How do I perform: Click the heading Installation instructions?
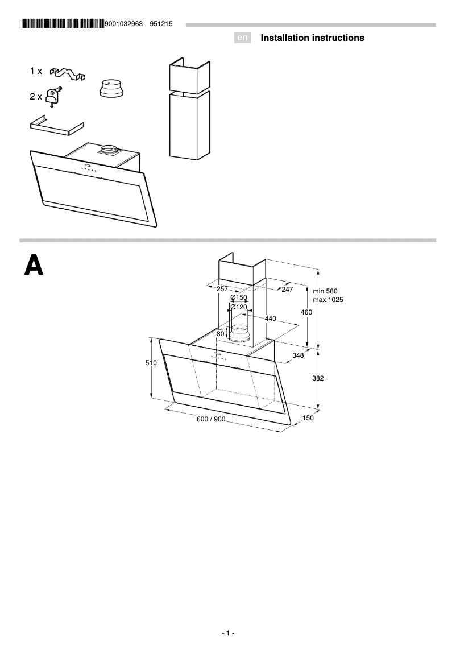point(312,38)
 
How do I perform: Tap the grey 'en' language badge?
point(243,38)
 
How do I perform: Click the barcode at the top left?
point(61,24)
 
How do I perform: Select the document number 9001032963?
point(123,24)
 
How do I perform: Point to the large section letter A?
point(34,266)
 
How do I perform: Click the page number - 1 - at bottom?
point(228,633)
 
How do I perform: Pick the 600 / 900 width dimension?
point(211,419)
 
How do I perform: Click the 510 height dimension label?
point(151,363)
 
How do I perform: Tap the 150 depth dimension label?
point(308,418)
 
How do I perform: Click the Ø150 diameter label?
point(238,297)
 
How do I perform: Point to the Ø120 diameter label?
point(238,307)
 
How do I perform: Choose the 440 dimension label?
point(270,319)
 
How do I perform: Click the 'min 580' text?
point(325,291)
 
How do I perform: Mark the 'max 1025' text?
point(328,300)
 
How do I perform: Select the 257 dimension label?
point(222,289)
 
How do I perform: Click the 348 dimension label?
point(297,355)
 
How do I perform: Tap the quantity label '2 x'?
point(36,97)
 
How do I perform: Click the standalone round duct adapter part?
point(111,89)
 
